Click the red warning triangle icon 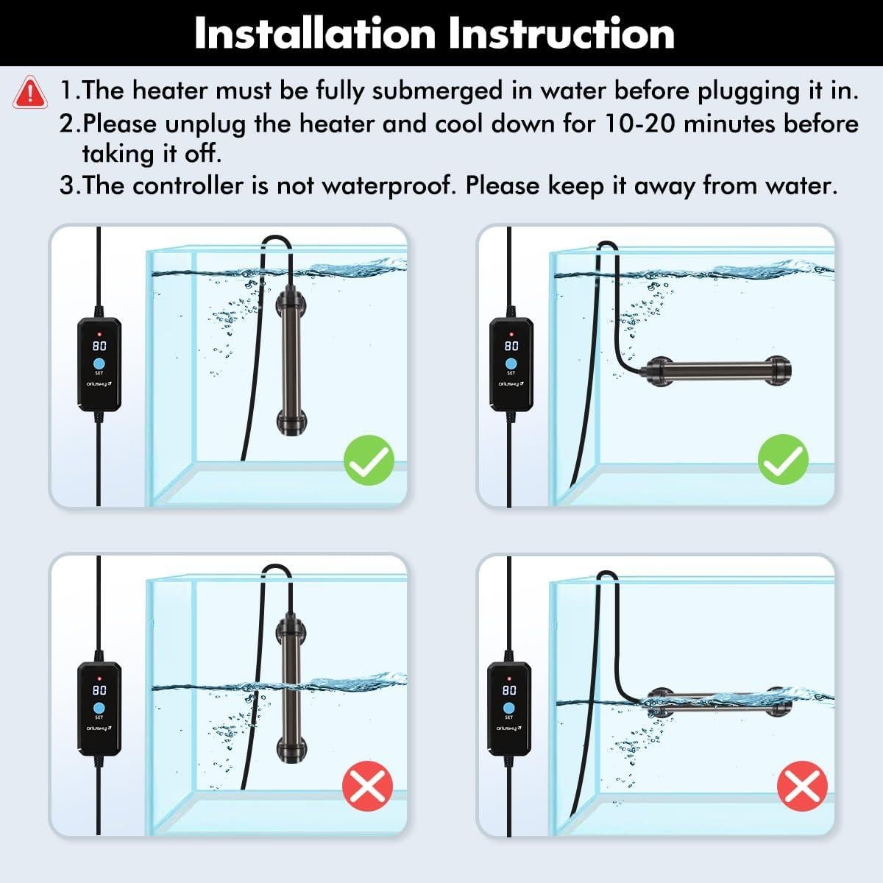coord(29,92)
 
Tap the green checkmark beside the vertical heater coord(369,461)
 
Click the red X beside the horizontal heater coord(802,787)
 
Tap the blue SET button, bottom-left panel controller coord(99,708)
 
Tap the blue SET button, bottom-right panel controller coord(509,707)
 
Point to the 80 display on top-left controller coord(99,346)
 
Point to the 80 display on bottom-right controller coord(509,690)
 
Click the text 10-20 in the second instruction coord(635,123)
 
